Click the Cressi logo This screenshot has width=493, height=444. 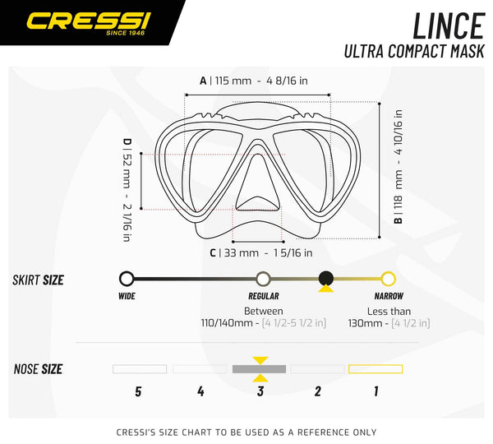(89, 23)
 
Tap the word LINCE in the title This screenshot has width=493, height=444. (449, 25)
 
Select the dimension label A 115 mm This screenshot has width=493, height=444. (254, 81)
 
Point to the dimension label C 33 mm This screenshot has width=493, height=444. (261, 252)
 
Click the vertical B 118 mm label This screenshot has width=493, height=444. (398, 166)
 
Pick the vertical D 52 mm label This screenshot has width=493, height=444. (127, 190)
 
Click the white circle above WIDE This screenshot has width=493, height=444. (127, 279)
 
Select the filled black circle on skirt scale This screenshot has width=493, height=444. (326, 278)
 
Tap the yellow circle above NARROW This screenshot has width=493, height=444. (389, 279)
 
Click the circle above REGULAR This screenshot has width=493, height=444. (263, 279)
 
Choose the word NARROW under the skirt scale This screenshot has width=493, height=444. (389, 296)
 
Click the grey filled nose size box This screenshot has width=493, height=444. (259, 369)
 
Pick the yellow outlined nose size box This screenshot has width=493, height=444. (376, 369)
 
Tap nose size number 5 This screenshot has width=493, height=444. (138, 391)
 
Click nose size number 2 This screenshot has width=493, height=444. (318, 391)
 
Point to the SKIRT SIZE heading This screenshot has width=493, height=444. (38, 280)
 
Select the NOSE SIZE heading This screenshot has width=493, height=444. (38, 369)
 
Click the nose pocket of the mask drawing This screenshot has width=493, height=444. (258, 183)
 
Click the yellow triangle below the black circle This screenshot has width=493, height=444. (325, 289)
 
